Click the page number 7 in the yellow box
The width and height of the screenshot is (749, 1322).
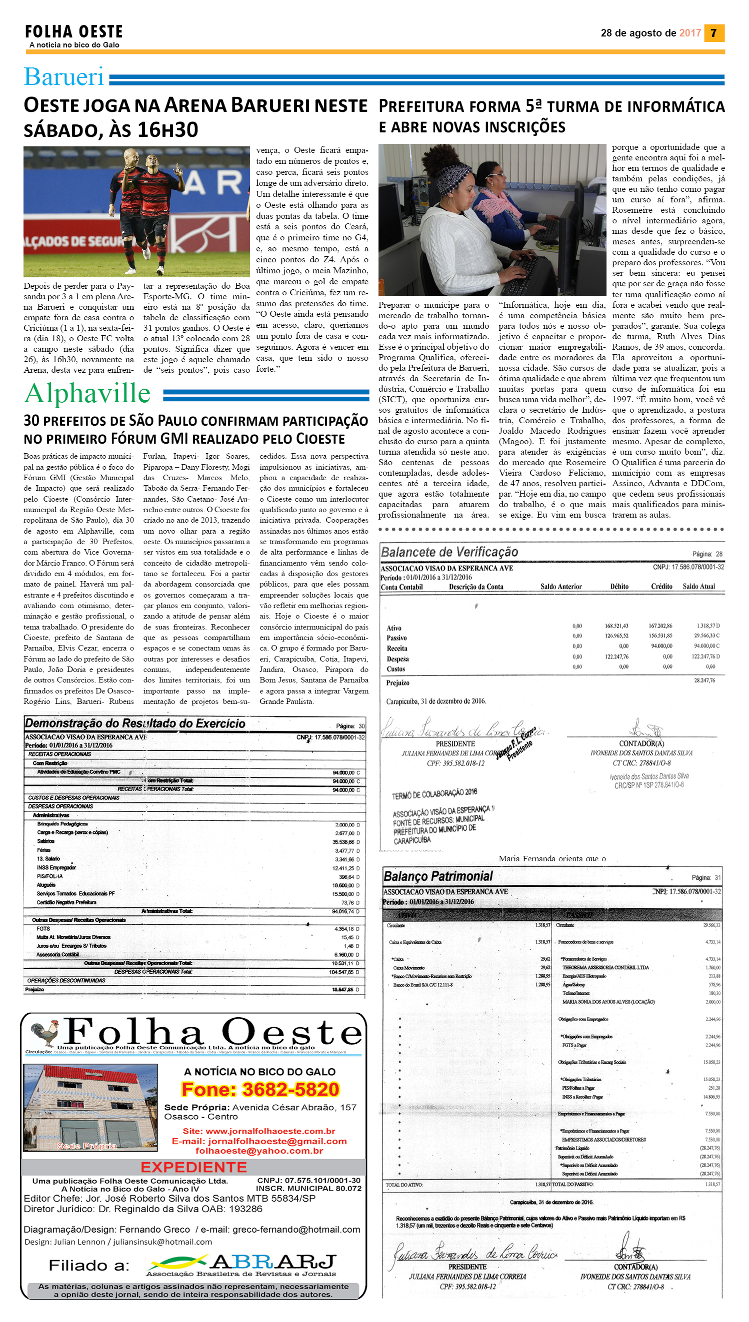coord(713,33)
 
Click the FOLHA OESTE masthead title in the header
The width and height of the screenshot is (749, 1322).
coord(74,32)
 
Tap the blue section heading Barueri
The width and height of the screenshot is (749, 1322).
coord(64,77)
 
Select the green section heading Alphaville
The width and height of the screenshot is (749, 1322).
coord(87,393)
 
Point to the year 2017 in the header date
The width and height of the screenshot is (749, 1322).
coord(690,33)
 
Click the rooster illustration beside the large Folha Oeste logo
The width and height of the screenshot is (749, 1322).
coord(44,1033)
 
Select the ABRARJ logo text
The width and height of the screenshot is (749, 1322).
coord(273,1262)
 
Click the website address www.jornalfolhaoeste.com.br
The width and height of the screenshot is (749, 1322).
coord(270,1131)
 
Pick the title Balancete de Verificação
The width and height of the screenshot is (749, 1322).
coord(449,552)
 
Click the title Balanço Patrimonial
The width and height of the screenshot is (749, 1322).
coord(438,876)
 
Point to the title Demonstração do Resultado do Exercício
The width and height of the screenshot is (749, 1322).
coord(135,723)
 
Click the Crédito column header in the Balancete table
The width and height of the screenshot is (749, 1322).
coord(661,587)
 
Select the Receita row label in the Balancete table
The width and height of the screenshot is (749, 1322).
coord(396,649)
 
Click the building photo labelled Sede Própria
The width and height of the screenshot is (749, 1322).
coord(90,1107)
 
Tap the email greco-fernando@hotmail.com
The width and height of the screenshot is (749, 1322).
coord(296,1230)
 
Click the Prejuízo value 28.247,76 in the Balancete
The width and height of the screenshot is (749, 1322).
coord(704,680)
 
